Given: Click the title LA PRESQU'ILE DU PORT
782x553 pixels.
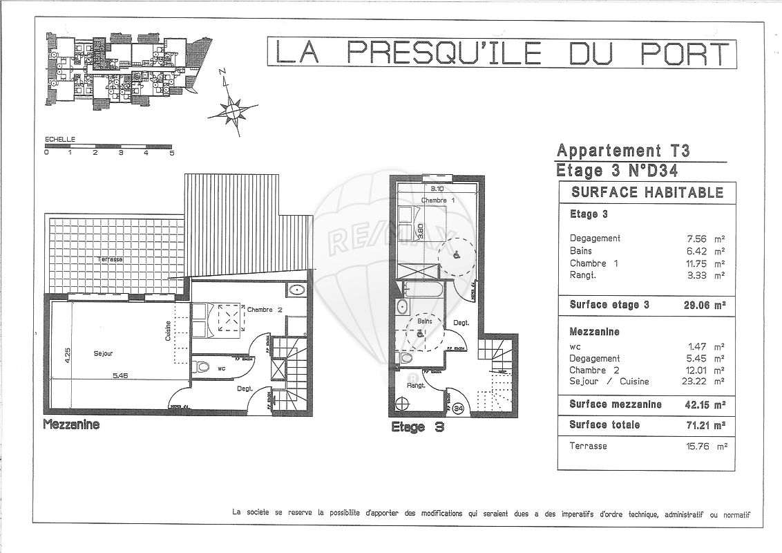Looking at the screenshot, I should [502, 53].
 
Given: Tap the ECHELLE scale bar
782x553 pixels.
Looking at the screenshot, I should [108, 147].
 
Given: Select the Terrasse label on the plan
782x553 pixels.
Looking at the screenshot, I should [111, 259].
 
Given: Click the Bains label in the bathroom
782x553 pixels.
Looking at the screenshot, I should [424, 321].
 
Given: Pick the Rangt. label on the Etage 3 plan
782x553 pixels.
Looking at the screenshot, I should [416, 386].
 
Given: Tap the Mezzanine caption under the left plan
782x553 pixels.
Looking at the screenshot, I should [71, 424].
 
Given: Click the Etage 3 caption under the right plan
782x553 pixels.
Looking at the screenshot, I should [417, 427].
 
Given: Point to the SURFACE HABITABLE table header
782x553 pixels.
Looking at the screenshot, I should [647, 193].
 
